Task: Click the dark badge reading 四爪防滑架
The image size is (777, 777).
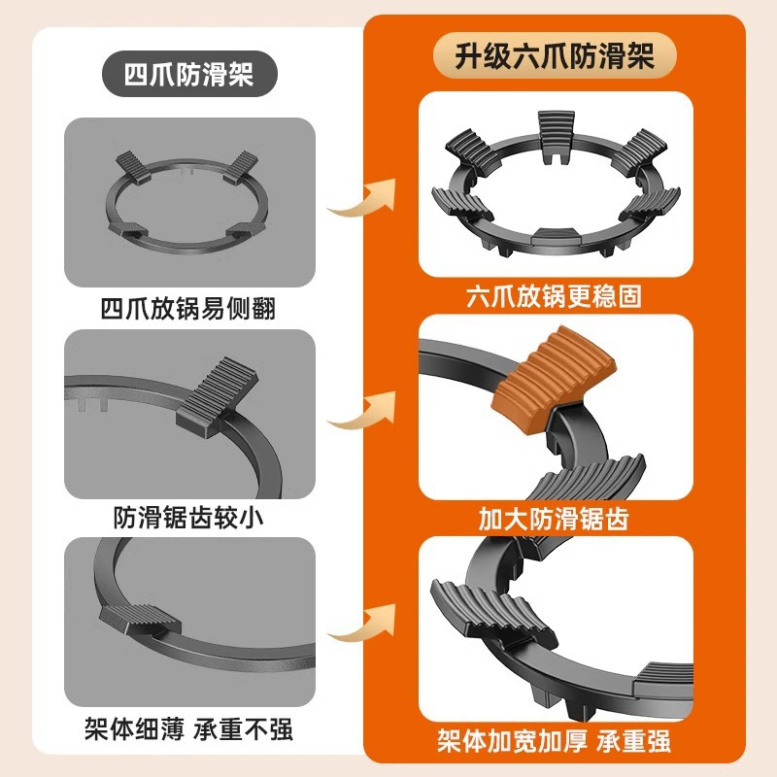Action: pyautogui.click(x=189, y=75)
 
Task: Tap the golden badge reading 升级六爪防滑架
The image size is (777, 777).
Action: pyautogui.click(x=555, y=55)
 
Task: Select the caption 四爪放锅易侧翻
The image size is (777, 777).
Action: pyautogui.click(x=188, y=308)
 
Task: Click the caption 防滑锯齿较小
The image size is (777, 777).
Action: pyautogui.click(x=188, y=519)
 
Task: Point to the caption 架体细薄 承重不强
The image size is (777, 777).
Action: pyautogui.click(x=188, y=729)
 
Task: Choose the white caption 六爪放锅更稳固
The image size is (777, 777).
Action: pyautogui.click(x=554, y=296)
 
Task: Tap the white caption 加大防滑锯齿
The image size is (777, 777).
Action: pyautogui.click(x=554, y=519)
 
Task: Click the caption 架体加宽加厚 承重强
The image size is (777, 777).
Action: pyautogui.click(x=554, y=741)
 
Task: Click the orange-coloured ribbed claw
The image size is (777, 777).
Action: pyautogui.click(x=553, y=379)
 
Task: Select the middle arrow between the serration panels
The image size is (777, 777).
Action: pyautogui.click(x=361, y=410)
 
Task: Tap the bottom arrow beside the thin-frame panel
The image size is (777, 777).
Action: pyautogui.click(x=361, y=623)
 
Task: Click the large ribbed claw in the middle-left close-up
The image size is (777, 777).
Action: pyautogui.click(x=218, y=397)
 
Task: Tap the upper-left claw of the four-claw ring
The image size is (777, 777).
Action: pyautogui.click(x=133, y=167)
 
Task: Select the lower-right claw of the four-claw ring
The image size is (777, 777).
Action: pyautogui.click(x=245, y=230)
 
